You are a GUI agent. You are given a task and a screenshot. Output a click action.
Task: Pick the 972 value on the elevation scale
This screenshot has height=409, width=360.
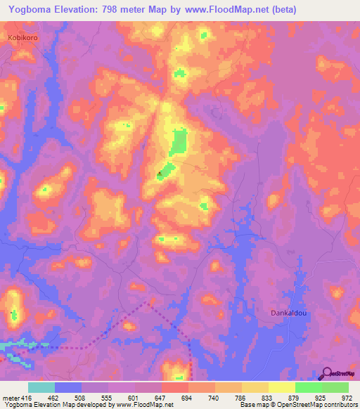[x=347, y=398]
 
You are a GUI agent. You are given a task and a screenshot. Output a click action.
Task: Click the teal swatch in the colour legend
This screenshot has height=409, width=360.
[x=41, y=387]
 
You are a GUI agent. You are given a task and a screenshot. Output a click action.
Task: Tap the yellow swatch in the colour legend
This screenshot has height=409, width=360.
[x=282, y=387]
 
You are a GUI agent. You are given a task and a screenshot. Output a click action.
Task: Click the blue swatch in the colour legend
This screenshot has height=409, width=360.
[x=68, y=387]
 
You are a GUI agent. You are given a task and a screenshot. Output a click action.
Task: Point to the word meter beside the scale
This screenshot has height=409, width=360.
[x=10, y=398]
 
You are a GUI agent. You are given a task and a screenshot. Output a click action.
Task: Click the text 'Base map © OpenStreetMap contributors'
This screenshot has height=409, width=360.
[x=299, y=405]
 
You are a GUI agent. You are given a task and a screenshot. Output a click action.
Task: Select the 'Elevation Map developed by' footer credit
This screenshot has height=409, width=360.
[x=79, y=405]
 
